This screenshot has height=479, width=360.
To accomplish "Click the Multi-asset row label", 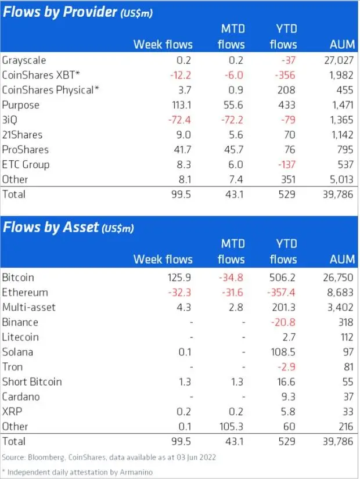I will [x=29, y=307].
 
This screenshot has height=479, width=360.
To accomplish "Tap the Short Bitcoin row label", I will [x=32, y=381].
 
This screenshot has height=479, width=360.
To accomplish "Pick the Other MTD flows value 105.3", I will [x=232, y=427].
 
